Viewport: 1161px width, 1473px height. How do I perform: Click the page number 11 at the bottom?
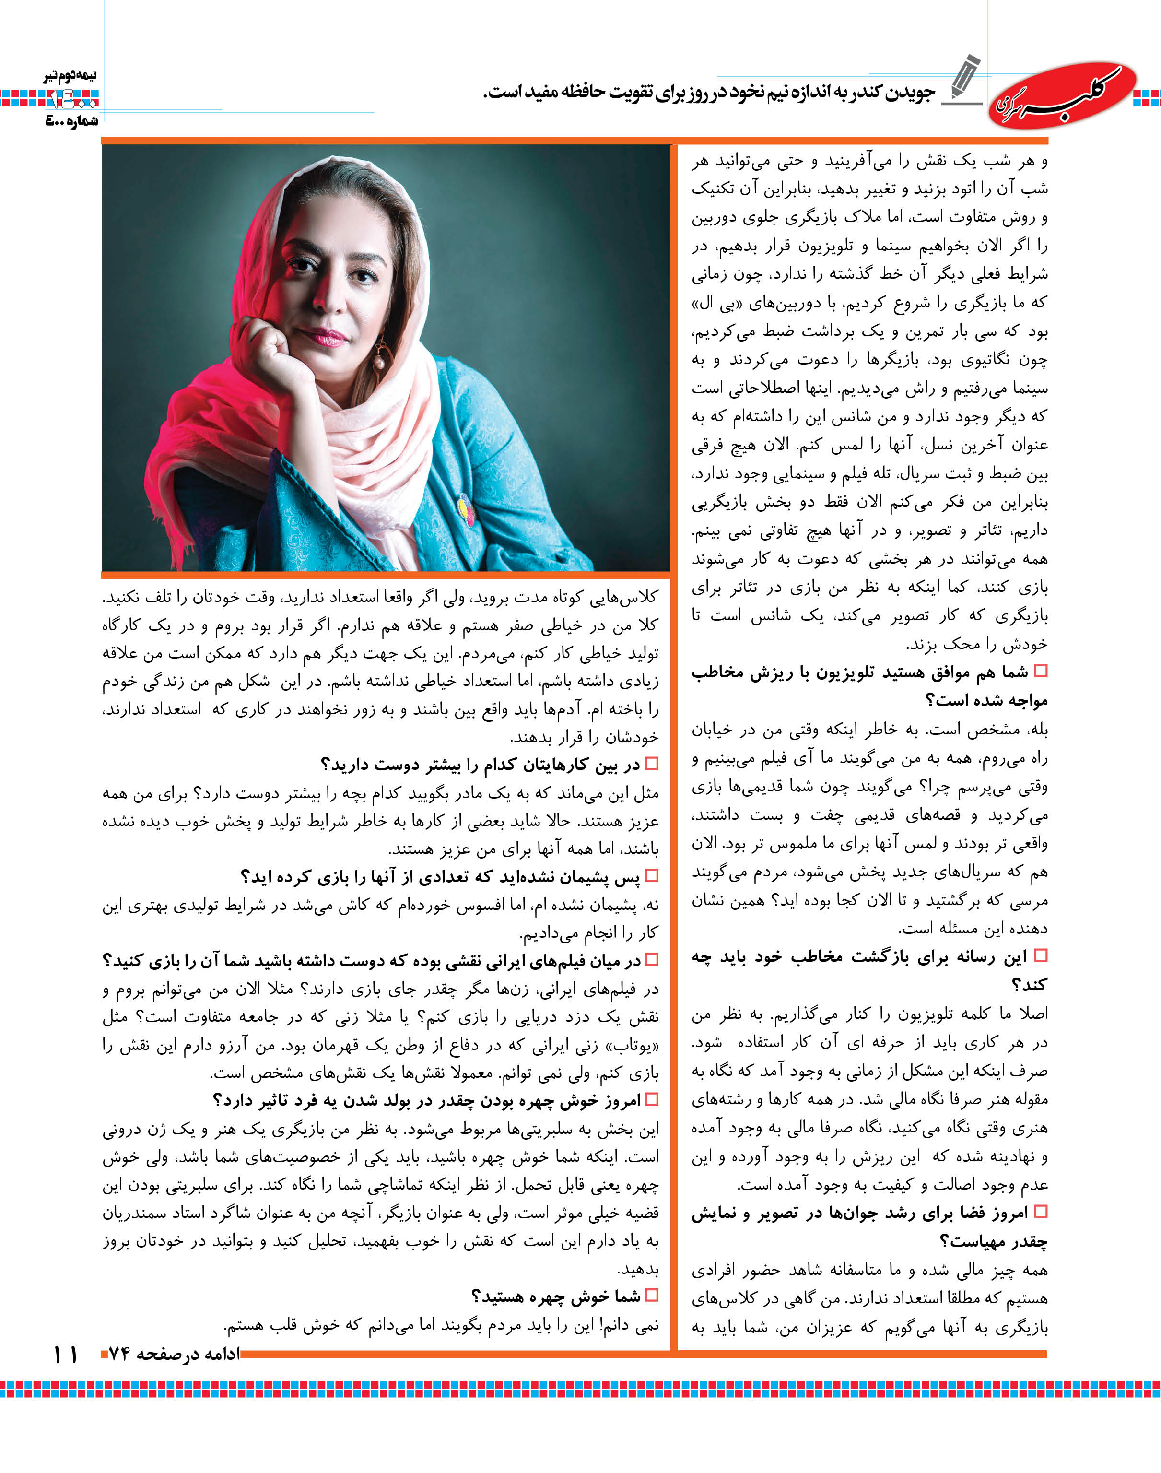coord(65,1354)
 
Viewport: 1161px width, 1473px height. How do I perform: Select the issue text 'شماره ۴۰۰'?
coord(71,121)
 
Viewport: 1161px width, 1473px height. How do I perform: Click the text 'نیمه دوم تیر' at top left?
coord(70,76)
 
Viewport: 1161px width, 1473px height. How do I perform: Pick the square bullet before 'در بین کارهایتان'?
coord(652,764)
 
